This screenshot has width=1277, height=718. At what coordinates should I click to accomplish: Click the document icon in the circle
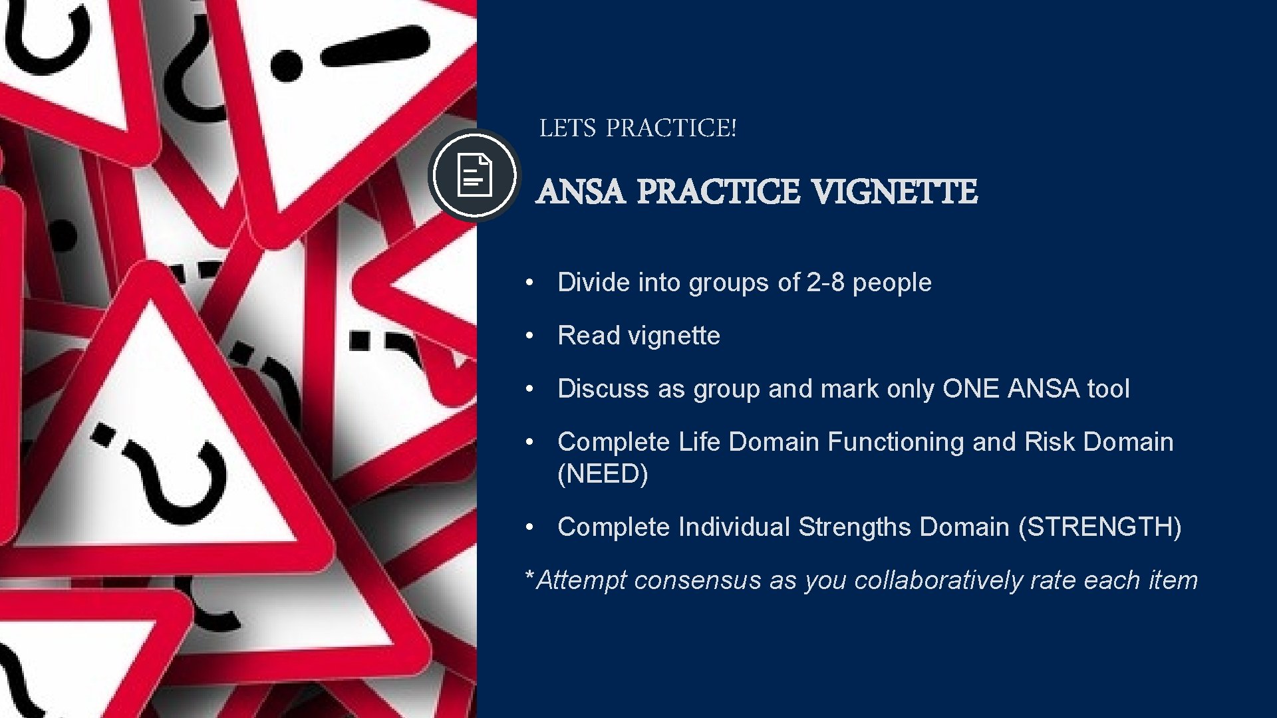coord(475,176)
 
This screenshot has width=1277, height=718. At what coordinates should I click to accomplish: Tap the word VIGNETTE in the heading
coord(895,192)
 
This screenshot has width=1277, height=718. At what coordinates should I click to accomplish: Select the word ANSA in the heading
coord(581,192)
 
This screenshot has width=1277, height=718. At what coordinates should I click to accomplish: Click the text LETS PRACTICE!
coord(638,128)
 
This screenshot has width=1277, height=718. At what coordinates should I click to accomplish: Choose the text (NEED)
coord(603,474)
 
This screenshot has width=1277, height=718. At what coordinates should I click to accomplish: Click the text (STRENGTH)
coord(1100,527)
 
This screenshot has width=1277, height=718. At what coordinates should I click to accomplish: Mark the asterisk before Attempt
coord(529,576)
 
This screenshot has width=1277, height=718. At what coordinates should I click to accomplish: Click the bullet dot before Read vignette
coord(529,336)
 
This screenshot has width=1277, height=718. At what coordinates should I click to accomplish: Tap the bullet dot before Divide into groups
coord(529,283)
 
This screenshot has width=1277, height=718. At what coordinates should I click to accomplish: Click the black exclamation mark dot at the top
coord(287,65)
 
